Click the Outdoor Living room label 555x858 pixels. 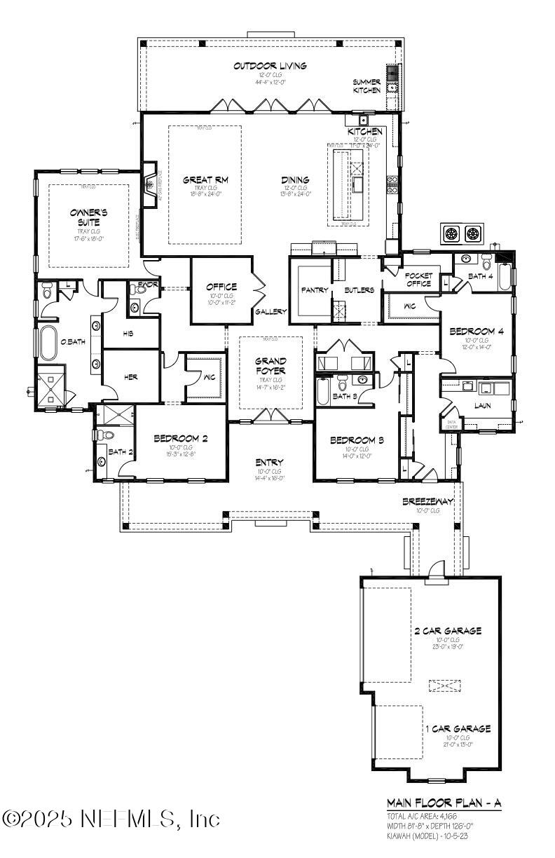tap(270, 66)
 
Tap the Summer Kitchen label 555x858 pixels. tap(366, 86)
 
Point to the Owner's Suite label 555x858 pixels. tap(88, 217)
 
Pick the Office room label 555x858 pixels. tap(221, 287)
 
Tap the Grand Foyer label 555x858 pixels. tap(270, 366)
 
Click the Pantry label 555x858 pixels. tap(315, 290)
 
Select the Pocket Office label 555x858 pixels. tap(419, 280)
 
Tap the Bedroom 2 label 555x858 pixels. tap(181, 440)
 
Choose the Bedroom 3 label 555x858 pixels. tap(357, 440)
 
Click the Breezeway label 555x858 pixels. tap(428, 502)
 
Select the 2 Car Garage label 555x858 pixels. tap(447, 631)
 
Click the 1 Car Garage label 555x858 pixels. tap(458, 729)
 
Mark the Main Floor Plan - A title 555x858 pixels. tap(445, 803)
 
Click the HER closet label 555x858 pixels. tap(130, 376)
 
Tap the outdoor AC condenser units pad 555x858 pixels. tap(464, 232)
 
